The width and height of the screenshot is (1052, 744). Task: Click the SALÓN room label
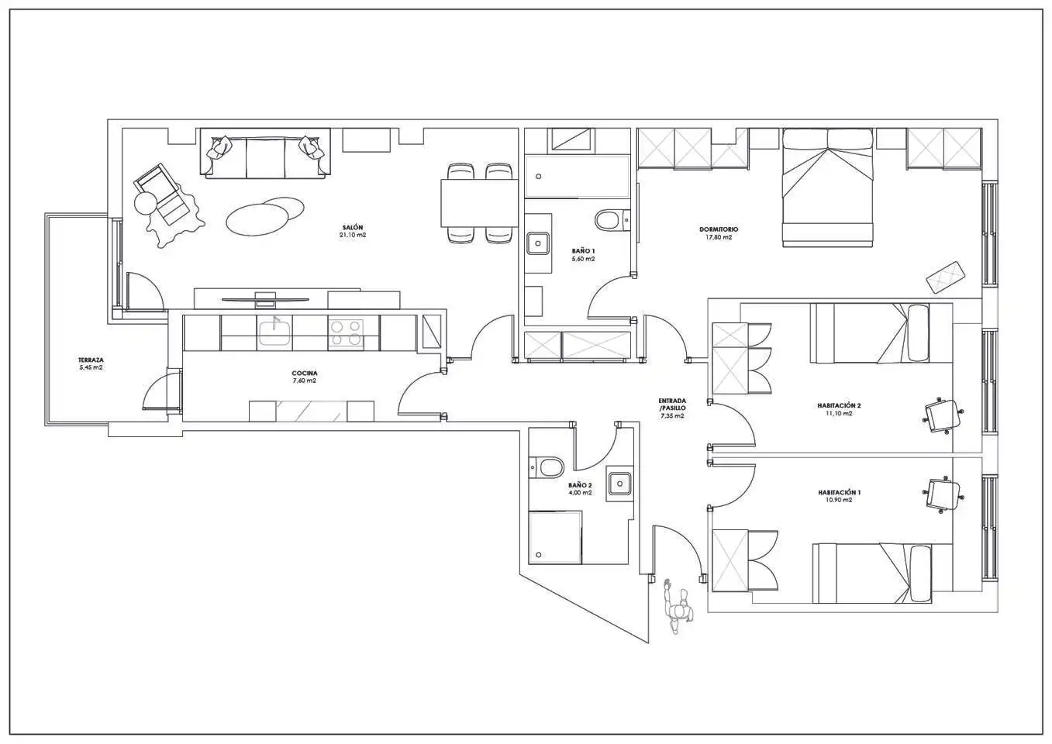click(352, 228)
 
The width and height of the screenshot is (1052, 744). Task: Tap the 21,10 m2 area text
click(352, 235)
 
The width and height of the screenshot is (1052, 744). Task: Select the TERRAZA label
click(91, 360)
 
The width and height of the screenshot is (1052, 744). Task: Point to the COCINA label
click(305, 374)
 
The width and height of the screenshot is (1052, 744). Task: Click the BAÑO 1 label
click(583, 251)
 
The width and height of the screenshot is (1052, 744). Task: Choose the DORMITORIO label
click(719, 229)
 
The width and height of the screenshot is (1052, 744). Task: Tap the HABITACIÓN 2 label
click(839, 405)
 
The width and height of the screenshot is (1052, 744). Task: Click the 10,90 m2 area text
click(839, 500)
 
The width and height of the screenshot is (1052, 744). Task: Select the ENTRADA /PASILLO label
click(672, 405)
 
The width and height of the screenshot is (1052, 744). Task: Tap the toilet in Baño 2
click(547, 467)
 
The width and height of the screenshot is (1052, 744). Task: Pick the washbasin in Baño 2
click(619, 483)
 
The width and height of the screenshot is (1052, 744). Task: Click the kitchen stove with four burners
click(345, 334)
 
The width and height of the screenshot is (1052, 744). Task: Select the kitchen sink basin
click(274, 332)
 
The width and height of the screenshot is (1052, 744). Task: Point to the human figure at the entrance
click(676, 607)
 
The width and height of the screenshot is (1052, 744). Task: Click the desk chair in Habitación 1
click(943, 496)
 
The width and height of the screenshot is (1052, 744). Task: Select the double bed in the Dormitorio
click(827, 188)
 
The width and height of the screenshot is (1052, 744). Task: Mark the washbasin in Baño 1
click(538, 243)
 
